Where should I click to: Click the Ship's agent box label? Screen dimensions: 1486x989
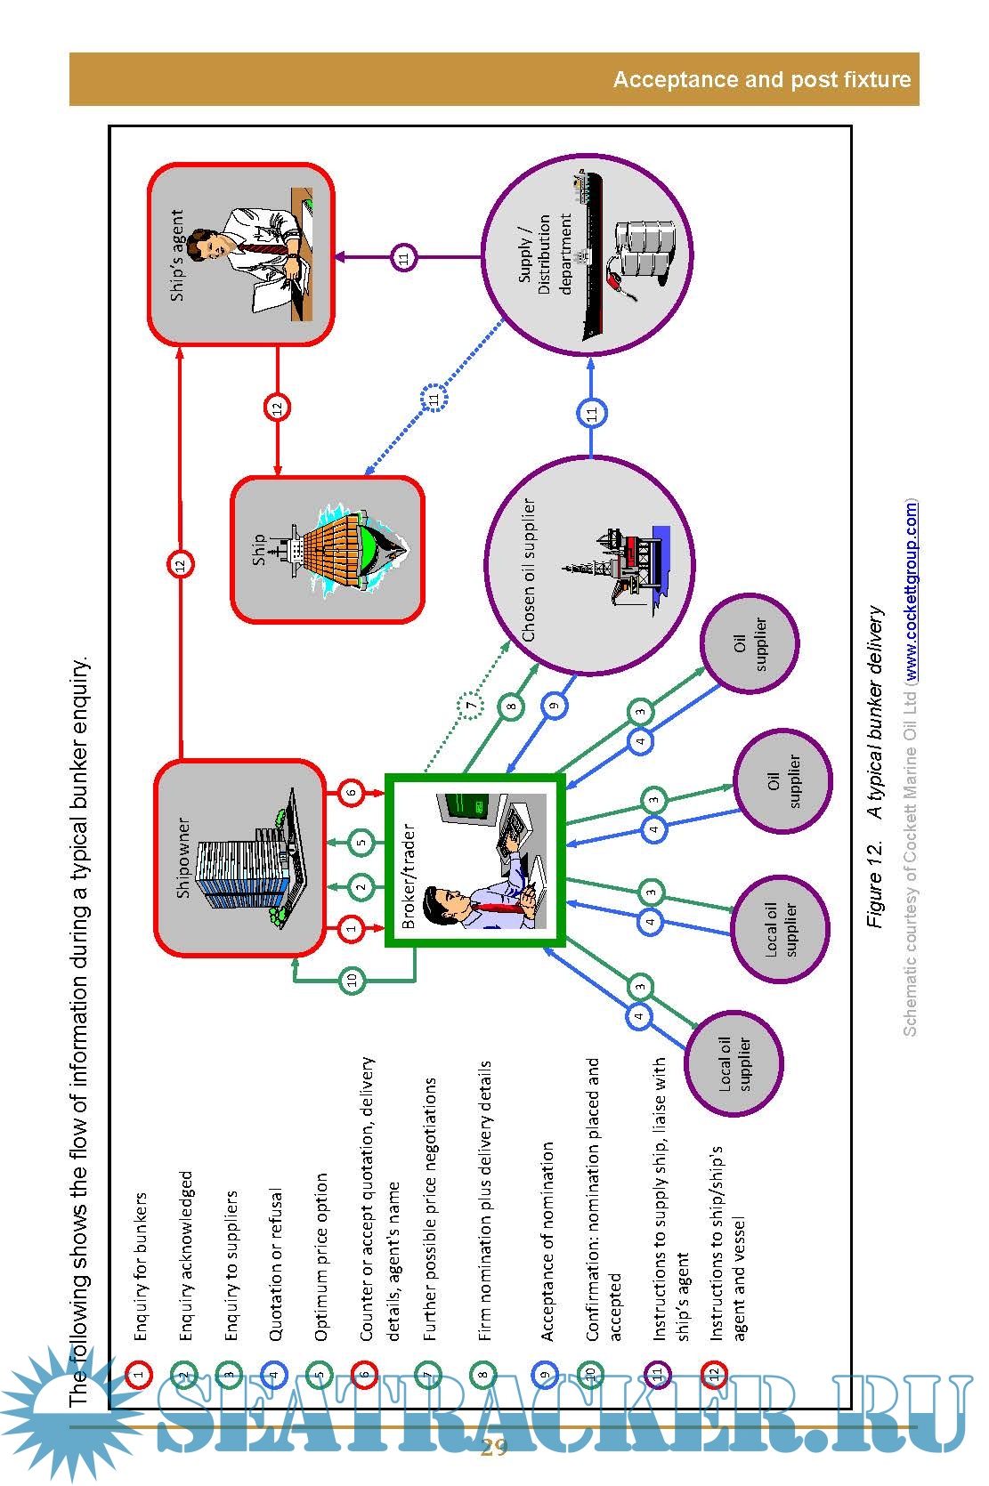(177, 255)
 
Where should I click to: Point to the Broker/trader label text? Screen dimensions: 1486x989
(409, 876)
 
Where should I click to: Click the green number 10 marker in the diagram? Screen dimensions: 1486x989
(352, 980)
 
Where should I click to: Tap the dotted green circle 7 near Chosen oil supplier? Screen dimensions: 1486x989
(471, 707)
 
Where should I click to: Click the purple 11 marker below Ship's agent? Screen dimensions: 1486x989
(404, 258)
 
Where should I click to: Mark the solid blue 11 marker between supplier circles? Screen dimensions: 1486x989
(592, 413)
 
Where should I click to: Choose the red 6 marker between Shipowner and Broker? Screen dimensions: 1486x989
(352, 792)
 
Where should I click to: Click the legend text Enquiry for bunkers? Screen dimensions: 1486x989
(141, 1266)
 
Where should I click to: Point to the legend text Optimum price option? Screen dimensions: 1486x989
(321, 1256)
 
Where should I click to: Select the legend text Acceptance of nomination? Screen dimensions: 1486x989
(547, 1240)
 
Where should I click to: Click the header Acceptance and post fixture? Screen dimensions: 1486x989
(761, 80)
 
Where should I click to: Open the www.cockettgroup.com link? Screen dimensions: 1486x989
(911, 591)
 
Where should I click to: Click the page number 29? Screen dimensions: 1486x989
(494, 1447)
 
